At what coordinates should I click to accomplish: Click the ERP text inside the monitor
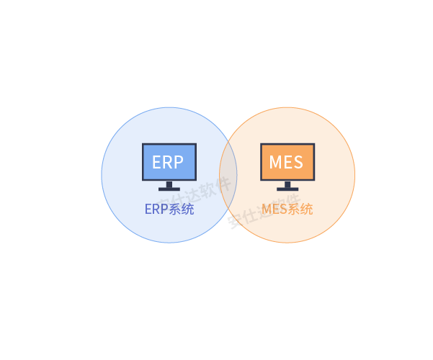(168, 162)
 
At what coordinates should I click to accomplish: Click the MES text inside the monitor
(286, 162)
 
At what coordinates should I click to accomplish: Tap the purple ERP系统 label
(169, 210)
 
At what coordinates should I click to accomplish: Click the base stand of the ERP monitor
(169, 189)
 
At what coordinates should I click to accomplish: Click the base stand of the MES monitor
(287, 189)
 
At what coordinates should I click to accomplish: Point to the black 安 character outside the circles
(233, 222)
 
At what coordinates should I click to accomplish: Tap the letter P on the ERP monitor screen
(179, 162)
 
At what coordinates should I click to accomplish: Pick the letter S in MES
(298, 162)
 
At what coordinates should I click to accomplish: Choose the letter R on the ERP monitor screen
(168, 162)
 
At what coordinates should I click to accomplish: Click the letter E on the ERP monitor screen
(157, 162)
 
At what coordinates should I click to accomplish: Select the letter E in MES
(287, 162)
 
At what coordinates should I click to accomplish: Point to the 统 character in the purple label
(187, 210)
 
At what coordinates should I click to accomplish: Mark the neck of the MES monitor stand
(287, 184)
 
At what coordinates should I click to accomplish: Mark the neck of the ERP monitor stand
(169, 184)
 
